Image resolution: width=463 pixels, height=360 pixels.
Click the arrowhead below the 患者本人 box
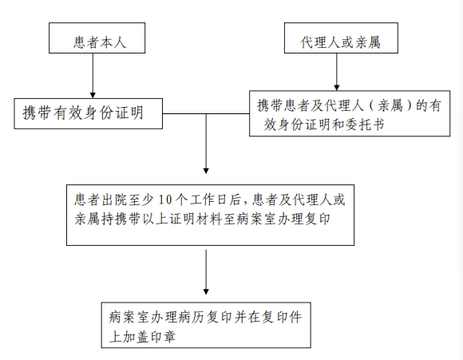point(93,95)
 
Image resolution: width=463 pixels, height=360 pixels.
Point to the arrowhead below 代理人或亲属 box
point(337,88)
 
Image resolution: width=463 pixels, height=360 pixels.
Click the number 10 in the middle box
point(164,200)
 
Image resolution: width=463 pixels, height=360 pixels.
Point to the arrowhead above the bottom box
point(206,291)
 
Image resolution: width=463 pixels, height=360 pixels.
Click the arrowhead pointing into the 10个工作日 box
point(206,171)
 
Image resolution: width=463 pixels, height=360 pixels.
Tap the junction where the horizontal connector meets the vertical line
point(206,113)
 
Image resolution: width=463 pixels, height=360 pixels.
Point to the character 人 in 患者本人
point(121,42)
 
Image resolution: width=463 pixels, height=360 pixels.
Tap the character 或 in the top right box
point(348,42)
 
